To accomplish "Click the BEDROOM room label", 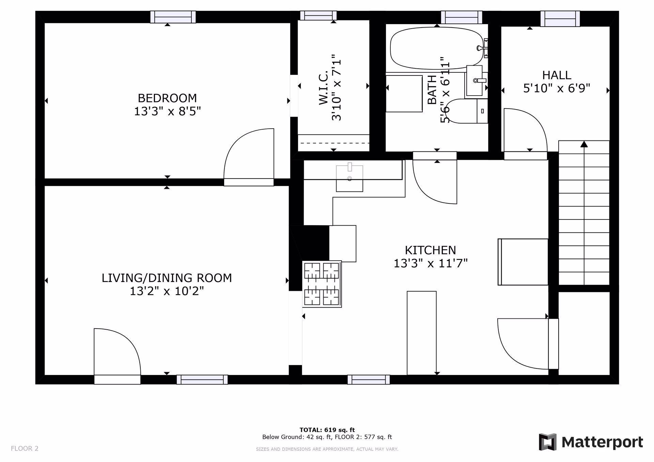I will click(x=167, y=98).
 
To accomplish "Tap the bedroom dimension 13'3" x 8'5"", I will click(x=167, y=111).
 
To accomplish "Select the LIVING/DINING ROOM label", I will click(x=167, y=278).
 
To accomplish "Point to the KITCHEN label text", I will click(x=430, y=250).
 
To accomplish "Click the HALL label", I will click(x=557, y=75).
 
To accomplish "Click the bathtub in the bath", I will click(x=433, y=48).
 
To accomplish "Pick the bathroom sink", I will click(x=475, y=80).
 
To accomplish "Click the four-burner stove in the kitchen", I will click(x=322, y=284).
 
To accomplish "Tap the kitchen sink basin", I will click(x=349, y=178).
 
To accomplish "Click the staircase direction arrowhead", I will click(x=584, y=144).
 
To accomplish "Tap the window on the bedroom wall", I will click(x=173, y=17).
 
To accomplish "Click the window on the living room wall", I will click(x=202, y=379).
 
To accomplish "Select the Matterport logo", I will click(x=591, y=442).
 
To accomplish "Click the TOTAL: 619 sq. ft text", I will click(x=327, y=430).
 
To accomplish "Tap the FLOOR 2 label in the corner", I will click(x=25, y=448).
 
